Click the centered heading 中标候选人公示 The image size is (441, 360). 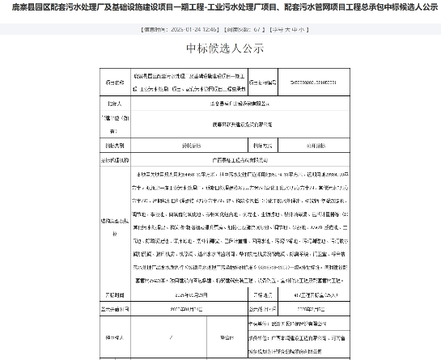click(220, 48)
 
